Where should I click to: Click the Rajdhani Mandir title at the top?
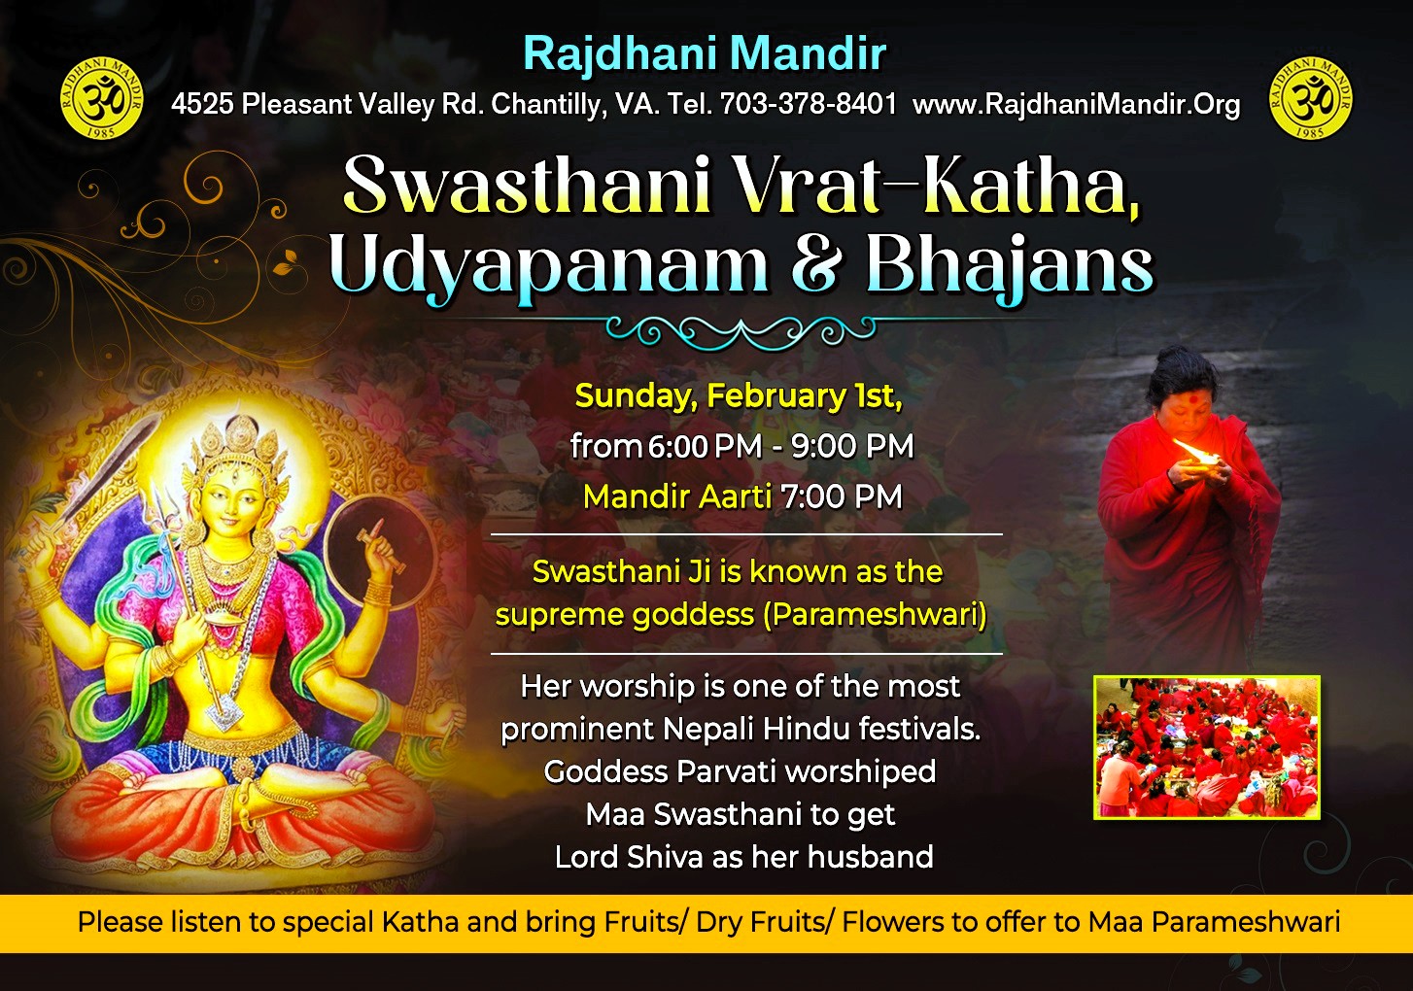coord(705,54)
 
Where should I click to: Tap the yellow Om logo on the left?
coord(102,97)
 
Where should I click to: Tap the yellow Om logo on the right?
coord(1310,97)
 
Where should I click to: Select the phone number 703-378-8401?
coord(809,103)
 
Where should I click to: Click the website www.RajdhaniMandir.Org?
coord(1076,105)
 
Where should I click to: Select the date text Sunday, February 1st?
coord(738,397)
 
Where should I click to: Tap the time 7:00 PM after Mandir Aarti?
coord(842,496)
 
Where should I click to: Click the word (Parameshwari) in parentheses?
coord(875,614)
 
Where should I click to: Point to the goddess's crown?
coord(237,445)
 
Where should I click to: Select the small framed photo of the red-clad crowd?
coord(1207,747)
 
